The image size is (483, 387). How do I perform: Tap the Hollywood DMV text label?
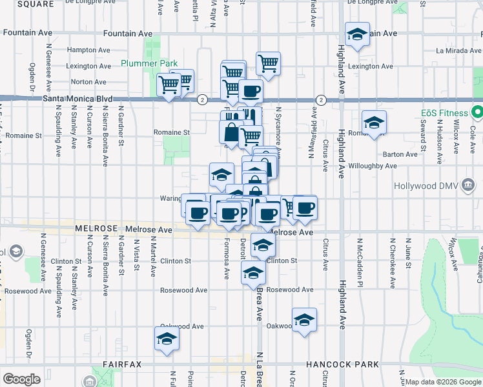click(x=424, y=186)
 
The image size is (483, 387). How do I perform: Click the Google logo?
click(x=21, y=379)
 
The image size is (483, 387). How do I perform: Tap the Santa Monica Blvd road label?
click(x=77, y=99)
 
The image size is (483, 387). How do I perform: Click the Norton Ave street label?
click(x=88, y=82)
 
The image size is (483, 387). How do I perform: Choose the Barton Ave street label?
click(x=400, y=154)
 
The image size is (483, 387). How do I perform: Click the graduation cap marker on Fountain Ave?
click(x=356, y=34)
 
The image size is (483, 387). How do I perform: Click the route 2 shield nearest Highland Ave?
click(x=321, y=99)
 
